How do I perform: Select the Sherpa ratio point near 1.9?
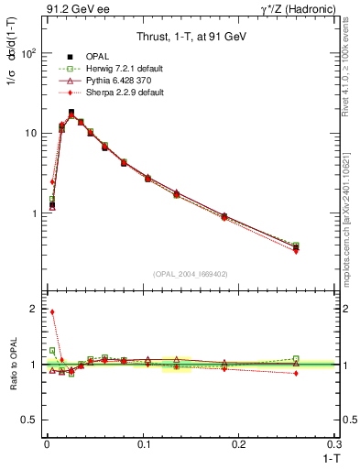point(52,312)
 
